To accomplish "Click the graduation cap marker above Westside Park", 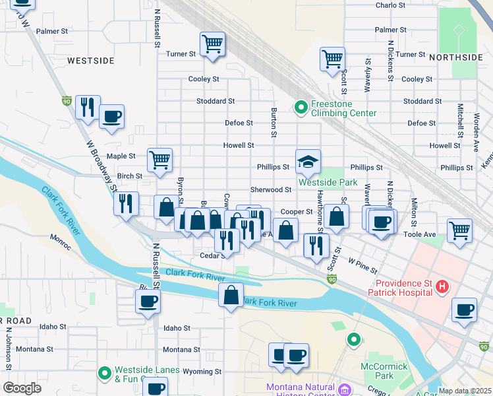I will [308, 161].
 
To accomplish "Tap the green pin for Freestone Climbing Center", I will [301, 106].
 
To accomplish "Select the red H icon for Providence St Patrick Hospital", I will [443, 286].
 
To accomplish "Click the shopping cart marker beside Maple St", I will [159, 160].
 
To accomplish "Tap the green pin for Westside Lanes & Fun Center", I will [104, 374].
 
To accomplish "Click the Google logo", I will [22, 388].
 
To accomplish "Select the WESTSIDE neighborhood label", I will [91, 61].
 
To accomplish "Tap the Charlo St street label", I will [390, 5].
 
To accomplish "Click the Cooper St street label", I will [297, 212].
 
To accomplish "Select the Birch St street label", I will [129, 176].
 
